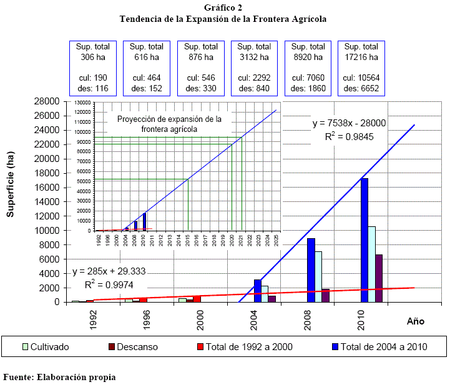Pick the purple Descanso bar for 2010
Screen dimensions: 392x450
(379, 278)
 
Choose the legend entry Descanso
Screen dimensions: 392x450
(133, 346)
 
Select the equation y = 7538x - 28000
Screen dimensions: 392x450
(349, 124)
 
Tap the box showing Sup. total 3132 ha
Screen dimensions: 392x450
(254, 68)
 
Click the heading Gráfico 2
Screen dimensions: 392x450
(223, 8)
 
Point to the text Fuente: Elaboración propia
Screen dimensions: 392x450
(59, 377)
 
